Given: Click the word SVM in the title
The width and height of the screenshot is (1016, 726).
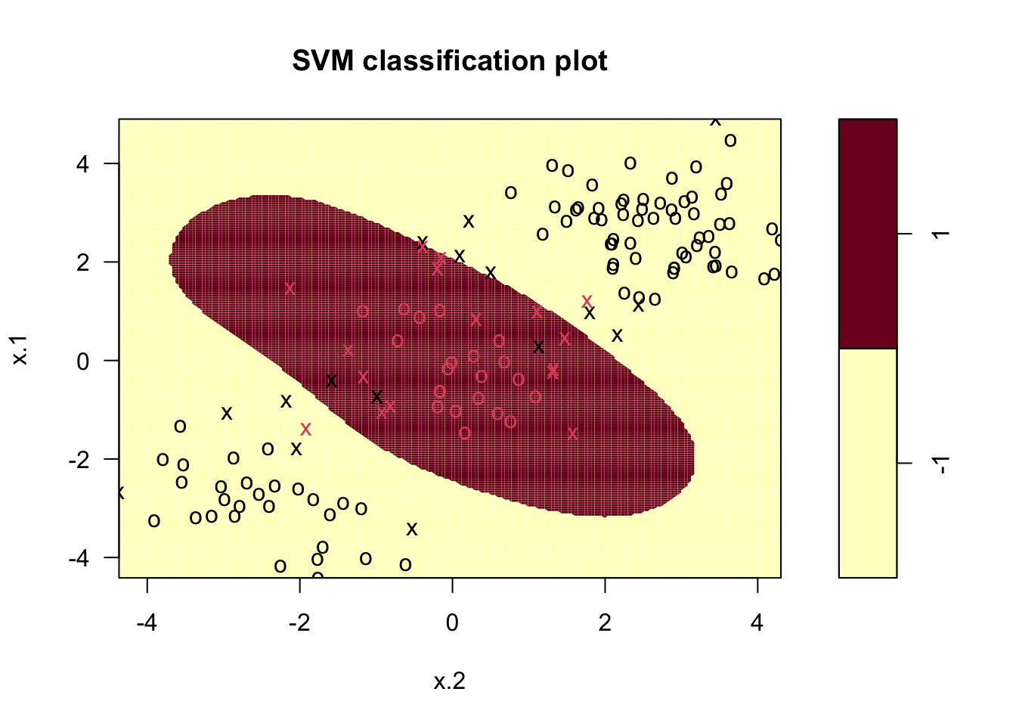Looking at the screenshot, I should pos(323,60).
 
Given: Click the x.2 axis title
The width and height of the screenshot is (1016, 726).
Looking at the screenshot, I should pos(450,681).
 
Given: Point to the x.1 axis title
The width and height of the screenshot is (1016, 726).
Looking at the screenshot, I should pos(20,349).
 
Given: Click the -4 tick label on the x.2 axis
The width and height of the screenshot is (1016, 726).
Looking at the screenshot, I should pos(146,623).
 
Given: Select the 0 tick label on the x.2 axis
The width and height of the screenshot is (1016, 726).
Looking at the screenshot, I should pos(452,623).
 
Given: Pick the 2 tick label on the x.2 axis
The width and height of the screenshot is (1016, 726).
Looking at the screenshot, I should pos(605,623).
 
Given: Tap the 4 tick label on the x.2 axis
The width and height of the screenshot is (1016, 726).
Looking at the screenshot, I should pos(757,623).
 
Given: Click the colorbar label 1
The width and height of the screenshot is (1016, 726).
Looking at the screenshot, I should pos(940,234).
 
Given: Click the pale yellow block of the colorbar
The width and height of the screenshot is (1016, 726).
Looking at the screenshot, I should pos(868,463).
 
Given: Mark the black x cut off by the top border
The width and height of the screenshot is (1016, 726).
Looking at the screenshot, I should pos(715,121).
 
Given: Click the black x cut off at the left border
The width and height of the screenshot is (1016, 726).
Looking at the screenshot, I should pos(120,493).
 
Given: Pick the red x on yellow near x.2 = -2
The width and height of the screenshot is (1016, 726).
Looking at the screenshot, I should pos(305,430).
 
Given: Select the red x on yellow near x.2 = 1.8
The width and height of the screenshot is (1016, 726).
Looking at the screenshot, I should pos(587,301).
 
